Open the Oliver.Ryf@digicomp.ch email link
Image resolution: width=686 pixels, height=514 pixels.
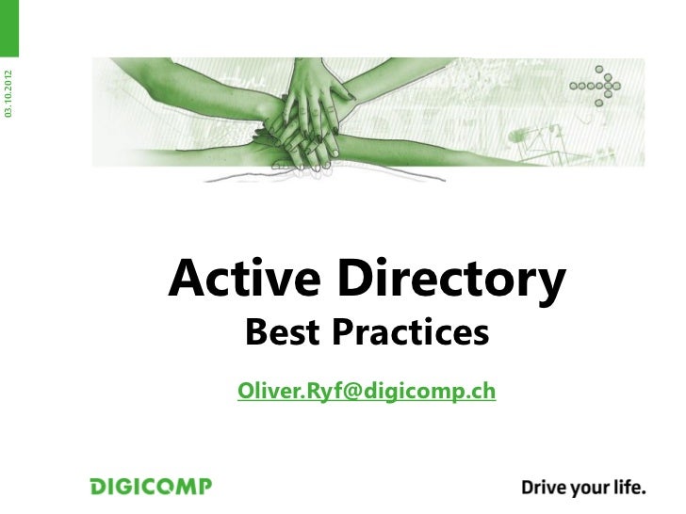point(367,390)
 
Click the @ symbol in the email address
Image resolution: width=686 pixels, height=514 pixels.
point(337,390)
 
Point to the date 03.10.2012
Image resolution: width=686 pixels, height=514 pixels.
point(8,93)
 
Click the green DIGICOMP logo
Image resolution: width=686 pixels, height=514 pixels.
point(151,487)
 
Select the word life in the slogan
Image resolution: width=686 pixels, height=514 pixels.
point(627,487)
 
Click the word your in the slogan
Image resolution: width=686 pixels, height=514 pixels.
point(586,489)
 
